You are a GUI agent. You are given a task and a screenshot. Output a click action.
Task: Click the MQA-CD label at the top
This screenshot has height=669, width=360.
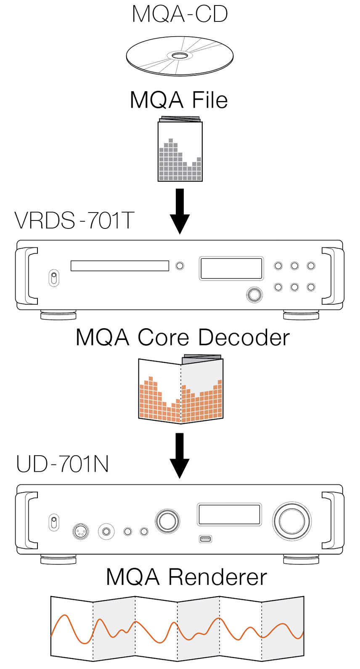[180, 14]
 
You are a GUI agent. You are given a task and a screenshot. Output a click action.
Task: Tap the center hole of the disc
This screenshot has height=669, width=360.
[180, 55]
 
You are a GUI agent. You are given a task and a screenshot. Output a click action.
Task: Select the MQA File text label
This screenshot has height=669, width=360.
[179, 100]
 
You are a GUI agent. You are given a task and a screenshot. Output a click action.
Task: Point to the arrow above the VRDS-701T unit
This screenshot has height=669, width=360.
[180, 211]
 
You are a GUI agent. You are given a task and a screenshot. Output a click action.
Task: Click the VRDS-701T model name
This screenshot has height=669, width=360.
[74, 220]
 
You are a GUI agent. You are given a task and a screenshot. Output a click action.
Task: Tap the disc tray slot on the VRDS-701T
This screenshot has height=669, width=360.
[119, 265]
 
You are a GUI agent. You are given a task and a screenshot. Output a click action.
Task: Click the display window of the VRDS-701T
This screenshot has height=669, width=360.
[231, 268]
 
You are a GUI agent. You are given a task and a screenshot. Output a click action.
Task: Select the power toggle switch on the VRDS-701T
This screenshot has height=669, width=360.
[54, 278]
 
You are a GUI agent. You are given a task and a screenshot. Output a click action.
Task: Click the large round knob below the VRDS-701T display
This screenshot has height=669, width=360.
[254, 295]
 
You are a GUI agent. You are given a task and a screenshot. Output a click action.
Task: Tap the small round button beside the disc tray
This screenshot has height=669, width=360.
[180, 265]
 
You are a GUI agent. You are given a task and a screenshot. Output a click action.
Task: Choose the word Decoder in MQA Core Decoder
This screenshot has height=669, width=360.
[244, 337]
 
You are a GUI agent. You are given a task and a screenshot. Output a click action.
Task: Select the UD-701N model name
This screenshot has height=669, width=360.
[62, 464]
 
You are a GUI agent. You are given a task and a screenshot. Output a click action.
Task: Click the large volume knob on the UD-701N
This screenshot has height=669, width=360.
[292, 521]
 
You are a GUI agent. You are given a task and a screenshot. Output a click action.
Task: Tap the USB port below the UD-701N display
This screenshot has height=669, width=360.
[205, 539]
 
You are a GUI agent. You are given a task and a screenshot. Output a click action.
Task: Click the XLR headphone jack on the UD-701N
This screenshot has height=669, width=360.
[81, 531]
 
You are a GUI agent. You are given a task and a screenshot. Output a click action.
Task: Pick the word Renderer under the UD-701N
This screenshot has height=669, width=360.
[217, 577]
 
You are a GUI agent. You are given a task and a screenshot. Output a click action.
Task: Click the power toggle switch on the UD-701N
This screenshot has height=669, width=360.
[54, 522]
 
